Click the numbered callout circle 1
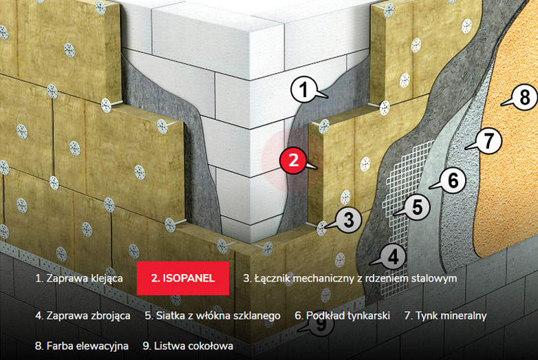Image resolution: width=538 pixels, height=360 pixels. coord(303,89)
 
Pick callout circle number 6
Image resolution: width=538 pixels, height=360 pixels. coord(452,180)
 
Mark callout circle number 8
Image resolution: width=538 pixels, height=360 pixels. coord(525,98)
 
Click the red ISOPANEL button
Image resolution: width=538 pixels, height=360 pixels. coord(182,279)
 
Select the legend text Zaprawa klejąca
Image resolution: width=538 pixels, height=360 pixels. coord(79,279)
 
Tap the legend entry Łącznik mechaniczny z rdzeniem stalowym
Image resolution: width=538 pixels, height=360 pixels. coord(349,279)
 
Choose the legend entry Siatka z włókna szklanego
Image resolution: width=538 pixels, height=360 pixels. coord(213,316)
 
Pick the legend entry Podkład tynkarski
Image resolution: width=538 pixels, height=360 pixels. coord(342,316)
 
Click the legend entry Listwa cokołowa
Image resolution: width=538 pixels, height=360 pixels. coord(188,346)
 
